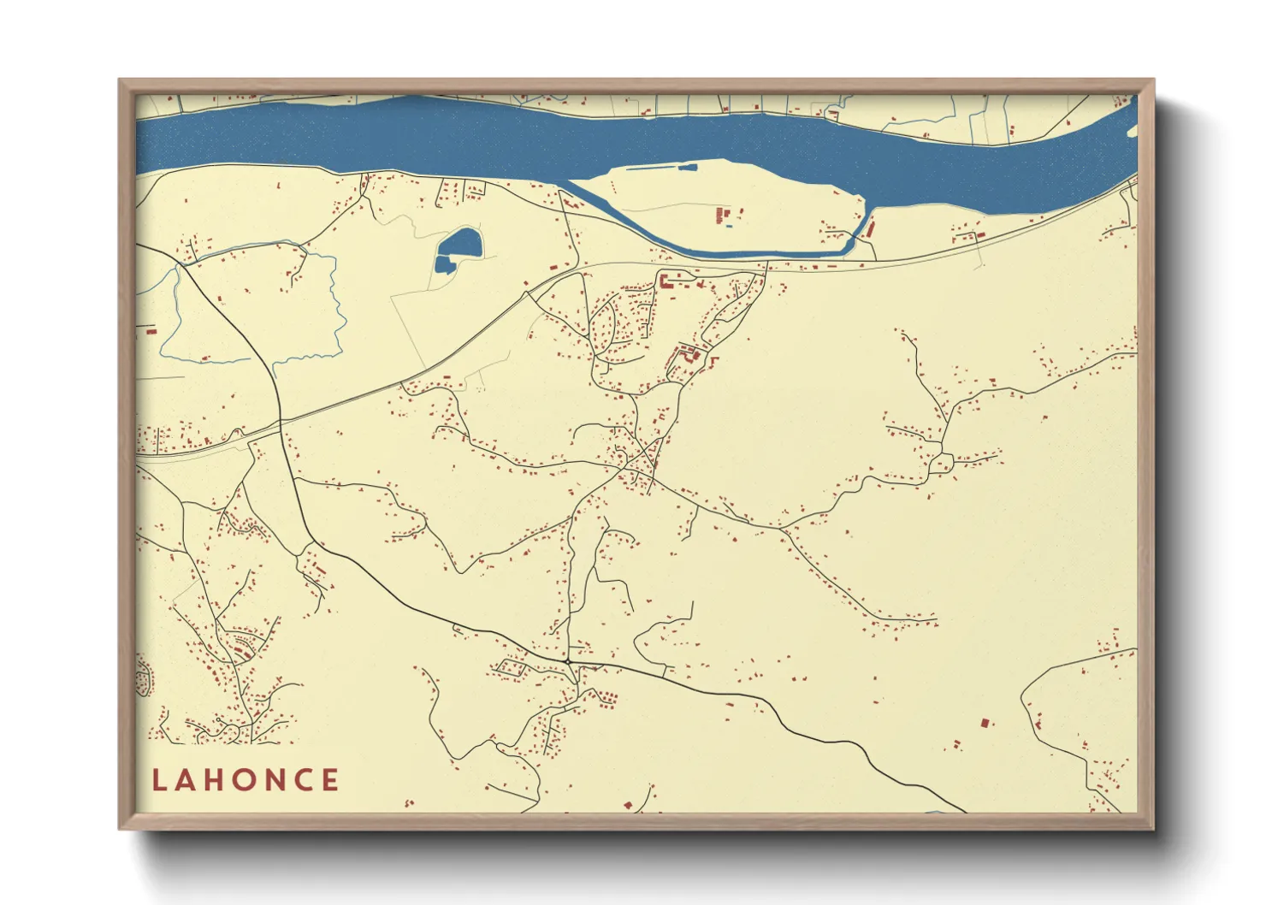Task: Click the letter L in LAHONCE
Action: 159,780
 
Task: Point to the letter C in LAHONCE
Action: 303,780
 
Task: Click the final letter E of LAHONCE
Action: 330,780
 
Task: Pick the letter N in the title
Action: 275,780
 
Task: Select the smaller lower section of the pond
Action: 444,264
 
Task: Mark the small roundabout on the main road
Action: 567,660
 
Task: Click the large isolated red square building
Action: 984,723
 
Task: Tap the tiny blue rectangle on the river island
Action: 728,226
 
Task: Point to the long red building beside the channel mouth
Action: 871,228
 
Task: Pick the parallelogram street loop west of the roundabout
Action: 512,667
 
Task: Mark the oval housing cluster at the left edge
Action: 143,677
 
